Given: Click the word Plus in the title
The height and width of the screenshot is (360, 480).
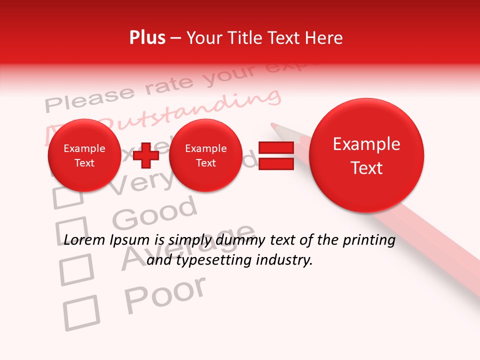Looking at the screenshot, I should click(147, 38).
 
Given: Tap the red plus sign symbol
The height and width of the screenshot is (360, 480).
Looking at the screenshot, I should click(146, 155).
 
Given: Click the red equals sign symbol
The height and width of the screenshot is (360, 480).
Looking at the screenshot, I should click(276, 155).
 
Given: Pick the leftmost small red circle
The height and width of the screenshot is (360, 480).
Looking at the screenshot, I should click(84, 155).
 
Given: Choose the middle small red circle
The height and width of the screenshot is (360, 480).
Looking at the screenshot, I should click(205, 155).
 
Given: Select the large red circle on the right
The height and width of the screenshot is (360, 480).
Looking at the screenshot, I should click(366, 155).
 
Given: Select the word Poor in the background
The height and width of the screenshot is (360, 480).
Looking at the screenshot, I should click(165, 295).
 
